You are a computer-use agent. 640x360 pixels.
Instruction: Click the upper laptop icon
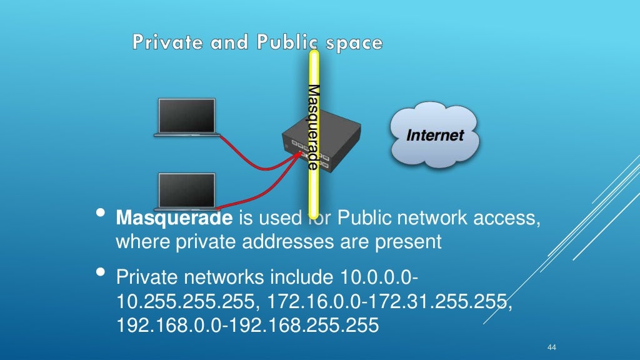(x=187, y=117)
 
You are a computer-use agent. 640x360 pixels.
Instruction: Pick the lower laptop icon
(x=186, y=191)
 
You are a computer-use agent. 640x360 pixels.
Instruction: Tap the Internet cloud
(x=435, y=135)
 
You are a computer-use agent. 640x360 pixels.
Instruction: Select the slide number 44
(x=551, y=347)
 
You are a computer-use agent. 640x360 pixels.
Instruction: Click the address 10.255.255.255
(x=185, y=302)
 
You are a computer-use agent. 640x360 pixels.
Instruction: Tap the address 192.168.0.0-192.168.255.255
(x=247, y=325)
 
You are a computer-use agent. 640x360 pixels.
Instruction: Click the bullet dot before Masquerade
(x=99, y=215)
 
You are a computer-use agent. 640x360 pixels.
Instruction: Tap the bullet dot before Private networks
(x=99, y=273)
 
